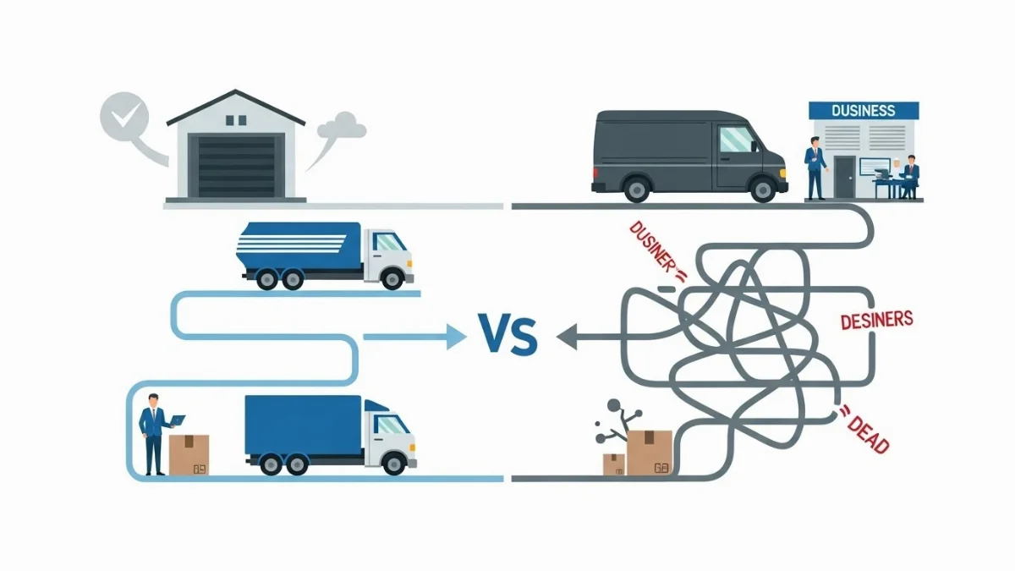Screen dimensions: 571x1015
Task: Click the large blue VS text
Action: point(507,335)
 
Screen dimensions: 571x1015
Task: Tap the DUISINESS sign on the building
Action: point(863,110)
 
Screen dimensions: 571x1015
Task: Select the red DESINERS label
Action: point(876,320)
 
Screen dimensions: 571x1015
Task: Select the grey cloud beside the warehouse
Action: point(343,128)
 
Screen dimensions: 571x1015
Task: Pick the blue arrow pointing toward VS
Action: point(414,337)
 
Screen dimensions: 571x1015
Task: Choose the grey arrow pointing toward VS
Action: point(592,337)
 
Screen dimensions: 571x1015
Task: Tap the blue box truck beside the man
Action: point(330,433)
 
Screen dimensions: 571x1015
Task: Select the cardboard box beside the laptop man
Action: point(189,454)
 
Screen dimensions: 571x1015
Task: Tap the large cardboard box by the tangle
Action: point(649,452)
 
